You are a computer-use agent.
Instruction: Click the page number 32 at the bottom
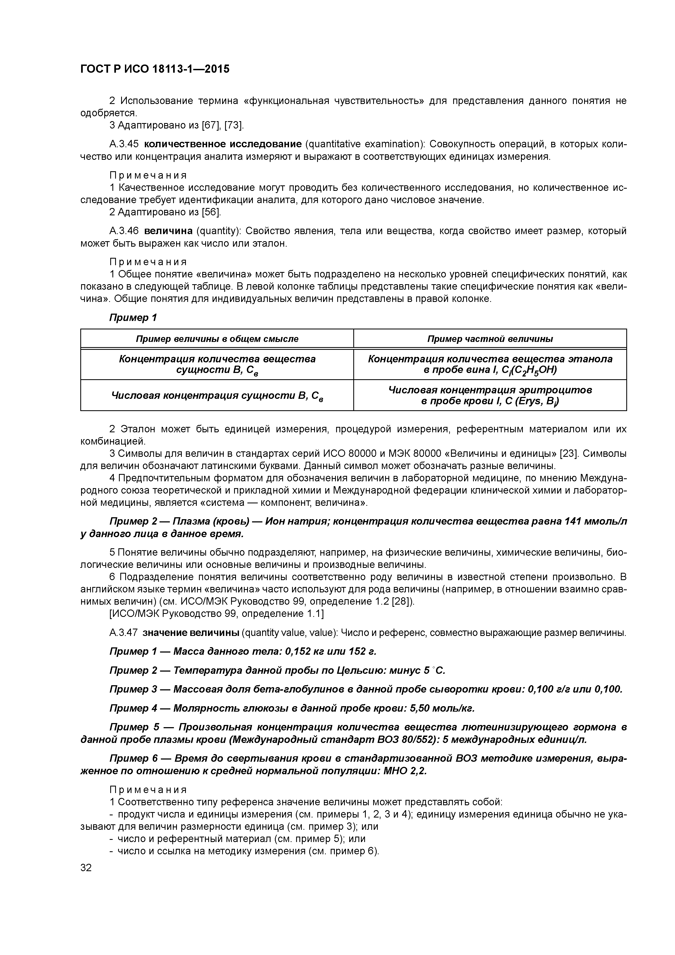coord(86,867)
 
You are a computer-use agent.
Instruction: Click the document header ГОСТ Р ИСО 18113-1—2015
coord(155,69)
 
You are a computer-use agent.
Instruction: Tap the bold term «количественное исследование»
coord(223,144)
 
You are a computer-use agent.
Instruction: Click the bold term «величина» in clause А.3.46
coord(168,231)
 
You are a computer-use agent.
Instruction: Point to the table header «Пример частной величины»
coord(490,339)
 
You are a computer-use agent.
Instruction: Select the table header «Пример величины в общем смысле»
coord(217,339)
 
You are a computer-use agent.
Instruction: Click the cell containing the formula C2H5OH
coord(490,364)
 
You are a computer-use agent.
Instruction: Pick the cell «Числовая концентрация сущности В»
coord(217,396)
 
